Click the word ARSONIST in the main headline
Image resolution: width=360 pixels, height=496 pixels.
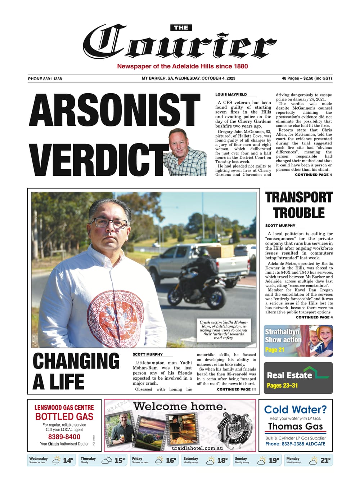pyautogui.click(x=114, y=111)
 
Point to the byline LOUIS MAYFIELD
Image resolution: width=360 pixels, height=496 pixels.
pyautogui.click(x=231, y=94)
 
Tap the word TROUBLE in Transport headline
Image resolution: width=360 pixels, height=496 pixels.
pyautogui.click(x=299, y=213)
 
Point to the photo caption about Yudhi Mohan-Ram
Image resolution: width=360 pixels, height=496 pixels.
pyautogui.click(x=224, y=330)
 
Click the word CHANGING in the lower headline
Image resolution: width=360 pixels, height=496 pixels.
pyautogui.click(x=76, y=361)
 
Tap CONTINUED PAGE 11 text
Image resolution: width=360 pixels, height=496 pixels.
pyautogui.click(x=236, y=389)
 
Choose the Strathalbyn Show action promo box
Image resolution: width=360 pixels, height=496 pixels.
pyautogui.click(x=298, y=341)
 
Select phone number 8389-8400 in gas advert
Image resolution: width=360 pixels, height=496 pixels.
pyautogui.click(x=64, y=437)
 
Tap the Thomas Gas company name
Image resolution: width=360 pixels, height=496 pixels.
pyautogui.click(x=295, y=426)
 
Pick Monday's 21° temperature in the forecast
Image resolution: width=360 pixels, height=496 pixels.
pyautogui.click(x=325, y=460)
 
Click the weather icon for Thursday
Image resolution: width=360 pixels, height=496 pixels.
pyautogui.click(x=107, y=460)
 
